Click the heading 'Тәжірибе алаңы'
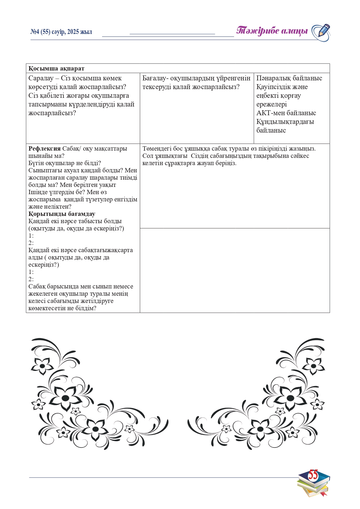272,31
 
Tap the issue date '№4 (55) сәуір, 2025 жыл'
61,32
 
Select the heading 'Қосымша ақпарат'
57,68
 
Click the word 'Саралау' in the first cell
41,78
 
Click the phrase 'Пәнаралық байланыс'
289,78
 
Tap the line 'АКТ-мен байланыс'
286,113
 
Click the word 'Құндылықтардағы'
285,122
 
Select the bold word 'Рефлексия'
44,149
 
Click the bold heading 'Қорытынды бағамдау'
62,214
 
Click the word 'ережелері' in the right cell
271,104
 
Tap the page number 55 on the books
313,475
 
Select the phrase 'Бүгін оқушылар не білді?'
65,163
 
